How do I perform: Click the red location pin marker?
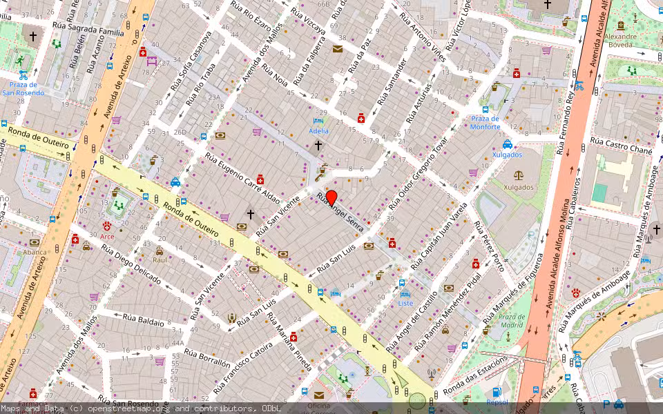tap(331, 197)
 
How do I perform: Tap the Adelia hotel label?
tap(318, 130)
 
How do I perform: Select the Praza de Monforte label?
tap(485, 122)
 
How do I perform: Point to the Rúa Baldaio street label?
tap(144, 319)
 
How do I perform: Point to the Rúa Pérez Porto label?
tap(490, 245)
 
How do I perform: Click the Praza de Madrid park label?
tap(511, 320)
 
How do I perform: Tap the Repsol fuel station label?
tap(497, 401)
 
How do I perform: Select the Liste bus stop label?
tap(406, 303)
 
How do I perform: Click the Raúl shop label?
tap(160, 260)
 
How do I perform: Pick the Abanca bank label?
tap(34, 252)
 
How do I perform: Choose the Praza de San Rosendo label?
tap(23, 88)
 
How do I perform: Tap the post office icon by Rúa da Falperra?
tap(337, 49)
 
